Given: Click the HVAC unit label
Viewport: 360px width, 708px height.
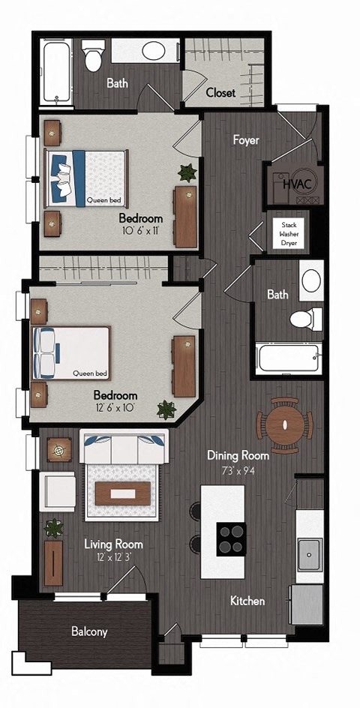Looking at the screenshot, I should (x=293, y=182).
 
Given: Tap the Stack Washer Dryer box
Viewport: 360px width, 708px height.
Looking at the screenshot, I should (x=289, y=233).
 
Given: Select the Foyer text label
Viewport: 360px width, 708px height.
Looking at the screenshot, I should (x=245, y=139).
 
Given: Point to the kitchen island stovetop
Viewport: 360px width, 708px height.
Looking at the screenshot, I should (x=232, y=538).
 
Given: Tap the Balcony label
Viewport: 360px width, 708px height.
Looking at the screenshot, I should (x=89, y=631).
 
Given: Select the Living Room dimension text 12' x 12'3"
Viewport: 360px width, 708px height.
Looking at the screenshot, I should (x=112, y=557).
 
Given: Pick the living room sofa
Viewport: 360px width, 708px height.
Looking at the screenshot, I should (x=124, y=449).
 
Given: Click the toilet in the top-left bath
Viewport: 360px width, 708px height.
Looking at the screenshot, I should (x=93, y=56).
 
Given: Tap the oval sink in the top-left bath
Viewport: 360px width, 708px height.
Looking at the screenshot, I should (x=153, y=51).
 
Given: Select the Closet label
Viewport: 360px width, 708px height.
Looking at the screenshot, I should (x=220, y=93).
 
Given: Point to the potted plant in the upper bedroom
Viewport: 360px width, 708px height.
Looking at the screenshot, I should (x=186, y=172).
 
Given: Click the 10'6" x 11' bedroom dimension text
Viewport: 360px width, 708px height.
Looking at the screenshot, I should (x=141, y=231).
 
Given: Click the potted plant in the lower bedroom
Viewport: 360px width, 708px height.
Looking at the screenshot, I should (x=166, y=409).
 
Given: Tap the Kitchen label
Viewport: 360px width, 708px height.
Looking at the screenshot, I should (x=247, y=601).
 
